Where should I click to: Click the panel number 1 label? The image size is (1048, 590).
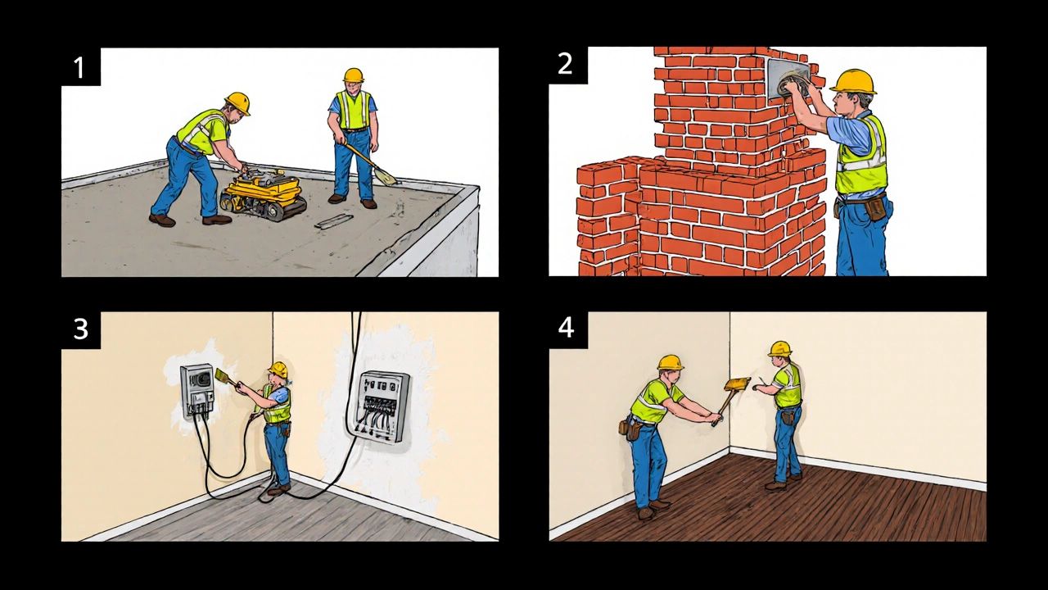pos(79,67)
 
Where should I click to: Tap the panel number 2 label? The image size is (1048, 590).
pos(565,64)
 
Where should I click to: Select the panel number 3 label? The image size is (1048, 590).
pos(81,329)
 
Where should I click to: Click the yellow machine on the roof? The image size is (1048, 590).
pos(263,195)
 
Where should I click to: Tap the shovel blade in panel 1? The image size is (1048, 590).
pos(385,176)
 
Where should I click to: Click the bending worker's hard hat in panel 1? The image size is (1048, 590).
pos(237,102)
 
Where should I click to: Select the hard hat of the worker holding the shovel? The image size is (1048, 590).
pos(353,75)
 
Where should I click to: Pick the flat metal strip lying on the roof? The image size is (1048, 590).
pos(333,221)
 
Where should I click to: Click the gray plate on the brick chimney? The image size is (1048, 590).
pos(788,79)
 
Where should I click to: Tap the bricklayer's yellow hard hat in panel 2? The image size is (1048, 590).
pos(853,81)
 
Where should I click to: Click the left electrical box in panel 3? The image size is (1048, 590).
pos(197,392)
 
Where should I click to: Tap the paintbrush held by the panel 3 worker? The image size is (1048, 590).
pos(226,377)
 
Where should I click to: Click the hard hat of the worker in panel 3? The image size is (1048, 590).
pos(278,370)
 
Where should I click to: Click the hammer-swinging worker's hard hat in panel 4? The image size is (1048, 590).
pos(671,362)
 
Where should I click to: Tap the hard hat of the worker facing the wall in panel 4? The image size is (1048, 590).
pos(779,348)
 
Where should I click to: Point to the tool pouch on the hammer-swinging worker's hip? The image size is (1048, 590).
pos(630,429)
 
